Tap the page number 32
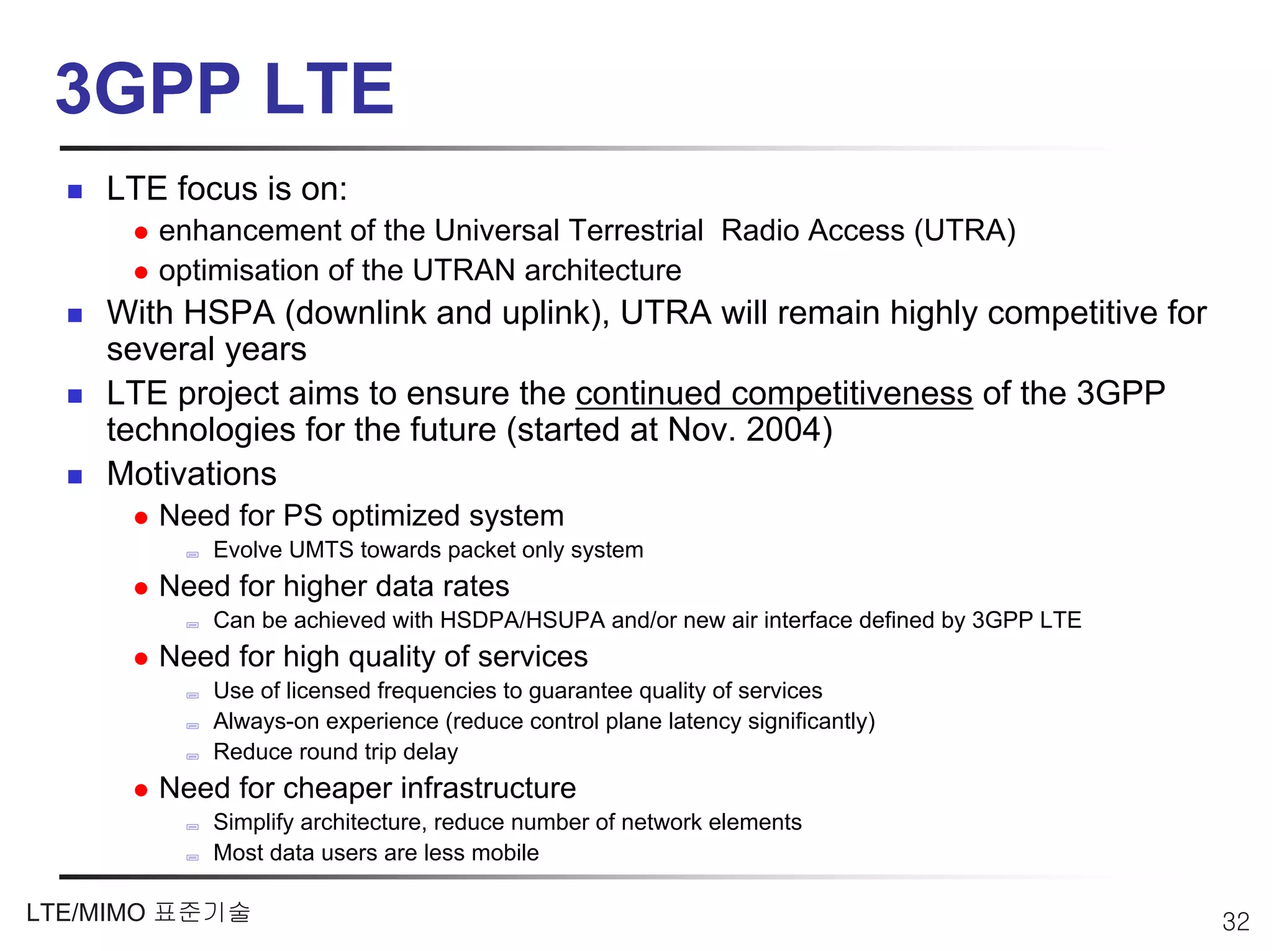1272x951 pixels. (1235, 922)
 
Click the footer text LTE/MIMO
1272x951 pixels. (86, 913)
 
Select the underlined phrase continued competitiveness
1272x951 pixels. (773, 394)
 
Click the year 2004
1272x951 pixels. (784, 430)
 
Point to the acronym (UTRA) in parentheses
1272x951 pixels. (965, 231)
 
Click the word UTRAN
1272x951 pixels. (463, 271)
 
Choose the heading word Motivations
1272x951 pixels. (191, 474)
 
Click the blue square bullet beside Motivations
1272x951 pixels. (75, 476)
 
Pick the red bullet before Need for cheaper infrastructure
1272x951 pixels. (141, 790)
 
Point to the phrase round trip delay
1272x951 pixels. (369, 752)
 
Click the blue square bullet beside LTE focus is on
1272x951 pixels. (75, 191)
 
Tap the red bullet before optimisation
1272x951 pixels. (141, 272)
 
